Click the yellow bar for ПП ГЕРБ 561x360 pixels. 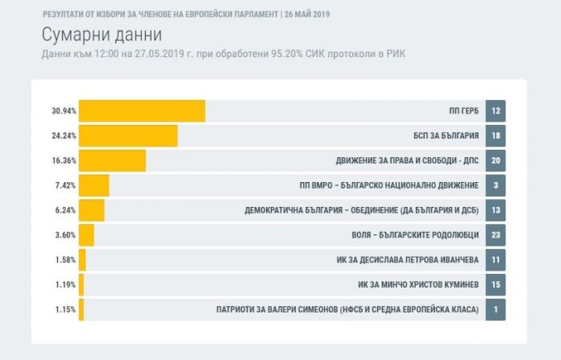click(x=142, y=111)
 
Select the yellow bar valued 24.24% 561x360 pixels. click(x=128, y=136)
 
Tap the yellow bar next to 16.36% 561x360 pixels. click(x=112, y=160)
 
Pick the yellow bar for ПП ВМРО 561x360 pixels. click(x=93, y=185)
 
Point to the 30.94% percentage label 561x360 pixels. click(x=64, y=111)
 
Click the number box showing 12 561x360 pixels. click(x=496, y=111)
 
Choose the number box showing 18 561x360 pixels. click(x=496, y=136)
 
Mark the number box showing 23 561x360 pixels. click(x=496, y=235)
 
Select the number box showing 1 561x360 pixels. click(x=496, y=309)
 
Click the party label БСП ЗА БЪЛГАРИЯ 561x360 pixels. click(x=444, y=136)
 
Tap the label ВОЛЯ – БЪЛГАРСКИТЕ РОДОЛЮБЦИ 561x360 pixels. click(x=412, y=235)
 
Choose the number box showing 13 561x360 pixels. click(x=496, y=210)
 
